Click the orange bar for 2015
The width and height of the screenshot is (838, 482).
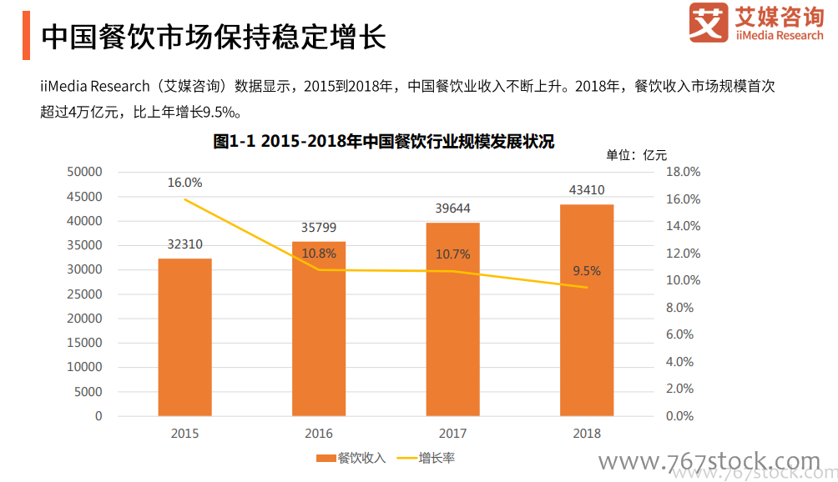tap(184, 337)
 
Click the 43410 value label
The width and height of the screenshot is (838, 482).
tap(586, 190)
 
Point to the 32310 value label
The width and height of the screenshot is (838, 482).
tap(184, 244)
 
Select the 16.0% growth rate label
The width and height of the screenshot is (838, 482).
tap(184, 183)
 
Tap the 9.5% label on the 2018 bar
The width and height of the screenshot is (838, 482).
tap(586, 271)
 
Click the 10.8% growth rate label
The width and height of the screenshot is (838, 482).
tap(319, 254)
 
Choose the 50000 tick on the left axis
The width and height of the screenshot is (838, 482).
tap(85, 172)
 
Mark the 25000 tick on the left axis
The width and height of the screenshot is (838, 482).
tap(85, 294)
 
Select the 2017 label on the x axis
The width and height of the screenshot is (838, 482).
tap(452, 434)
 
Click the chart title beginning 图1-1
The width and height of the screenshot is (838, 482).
tap(383, 142)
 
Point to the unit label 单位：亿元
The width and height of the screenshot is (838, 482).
tap(636, 155)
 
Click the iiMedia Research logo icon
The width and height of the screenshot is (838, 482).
tap(709, 23)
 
